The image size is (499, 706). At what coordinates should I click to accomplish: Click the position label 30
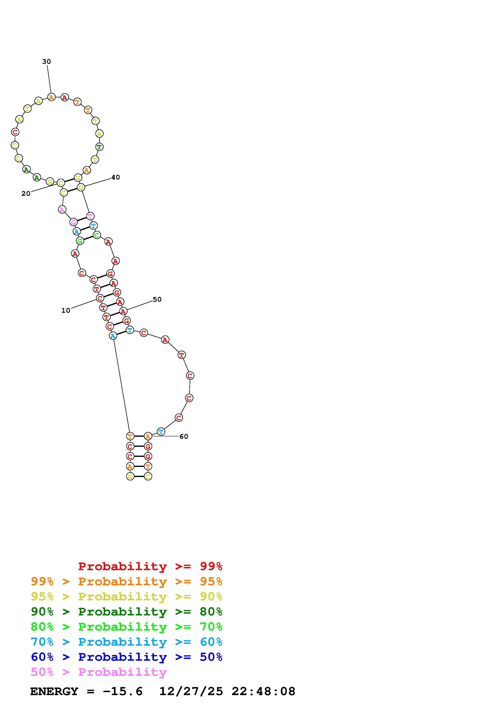[x=46, y=62]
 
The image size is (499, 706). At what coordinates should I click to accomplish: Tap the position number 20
[x=26, y=193]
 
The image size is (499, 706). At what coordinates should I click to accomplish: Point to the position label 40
[x=116, y=177]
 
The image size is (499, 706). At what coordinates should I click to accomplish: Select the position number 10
[x=66, y=310]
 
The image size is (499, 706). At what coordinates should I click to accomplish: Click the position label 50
[x=157, y=299]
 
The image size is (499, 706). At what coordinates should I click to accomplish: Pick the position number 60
[x=184, y=436]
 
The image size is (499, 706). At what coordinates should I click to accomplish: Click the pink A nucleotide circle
[x=62, y=209]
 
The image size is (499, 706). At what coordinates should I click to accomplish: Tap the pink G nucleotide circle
[x=73, y=222]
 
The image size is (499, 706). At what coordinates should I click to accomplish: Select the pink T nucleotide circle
[x=90, y=216]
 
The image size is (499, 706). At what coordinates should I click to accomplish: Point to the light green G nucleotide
[x=80, y=241]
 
